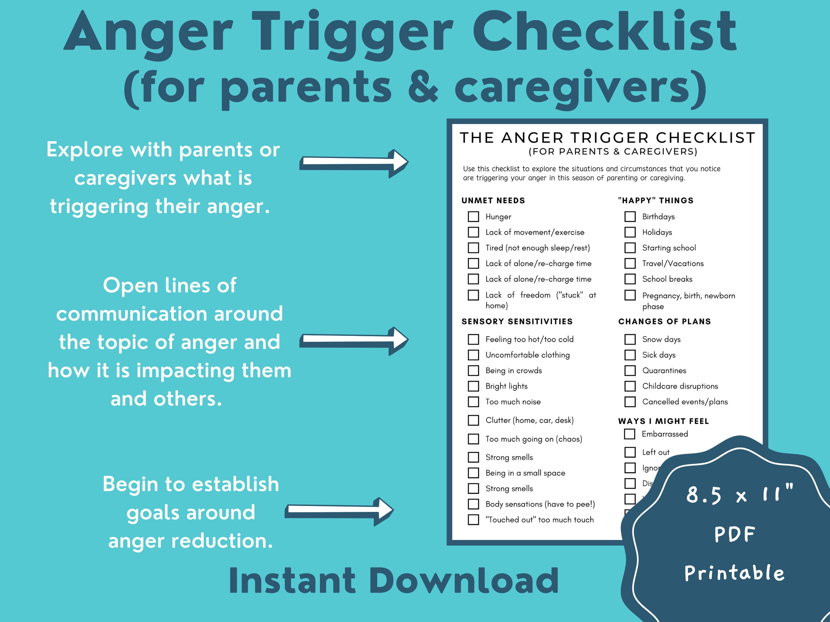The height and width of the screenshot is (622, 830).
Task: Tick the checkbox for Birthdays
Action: point(630,216)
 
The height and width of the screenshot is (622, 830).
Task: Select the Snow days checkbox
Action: point(630,339)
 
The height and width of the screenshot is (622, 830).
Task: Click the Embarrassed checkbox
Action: point(629,434)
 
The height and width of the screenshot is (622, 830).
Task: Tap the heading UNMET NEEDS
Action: point(493,201)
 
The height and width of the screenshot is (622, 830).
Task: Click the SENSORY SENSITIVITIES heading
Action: point(517,321)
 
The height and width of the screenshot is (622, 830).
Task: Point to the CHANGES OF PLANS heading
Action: point(664,321)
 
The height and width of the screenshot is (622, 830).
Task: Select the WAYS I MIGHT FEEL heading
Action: point(664,421)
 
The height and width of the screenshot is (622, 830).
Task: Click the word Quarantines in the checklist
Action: point(664,370)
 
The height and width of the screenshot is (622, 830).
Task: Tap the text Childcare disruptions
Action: point(680,386)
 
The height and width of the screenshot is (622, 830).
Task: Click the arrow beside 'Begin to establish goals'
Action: point(340,511)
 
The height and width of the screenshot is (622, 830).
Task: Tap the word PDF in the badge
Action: point(734,534)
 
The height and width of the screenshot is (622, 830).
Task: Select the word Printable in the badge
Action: point(734,573)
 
